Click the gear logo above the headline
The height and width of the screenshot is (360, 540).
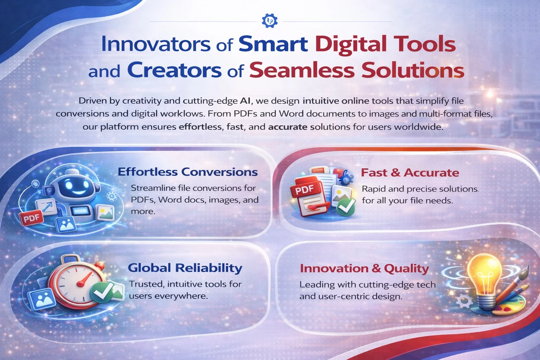click(270, 21)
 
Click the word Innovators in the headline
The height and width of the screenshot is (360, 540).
click(155, 45)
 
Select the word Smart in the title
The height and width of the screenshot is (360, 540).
click(273, 45)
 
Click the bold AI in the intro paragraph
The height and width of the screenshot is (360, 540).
click(245, 101)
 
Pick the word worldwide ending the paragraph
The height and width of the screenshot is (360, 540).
click(418, 127)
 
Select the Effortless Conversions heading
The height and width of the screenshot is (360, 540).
click(188, 172)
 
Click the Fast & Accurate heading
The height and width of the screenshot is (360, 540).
click(410, 173)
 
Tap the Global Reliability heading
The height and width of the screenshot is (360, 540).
click(185, 268)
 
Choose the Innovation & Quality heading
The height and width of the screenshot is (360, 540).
click(364, 269)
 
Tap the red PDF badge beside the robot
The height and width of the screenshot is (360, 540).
click(31, 219)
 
